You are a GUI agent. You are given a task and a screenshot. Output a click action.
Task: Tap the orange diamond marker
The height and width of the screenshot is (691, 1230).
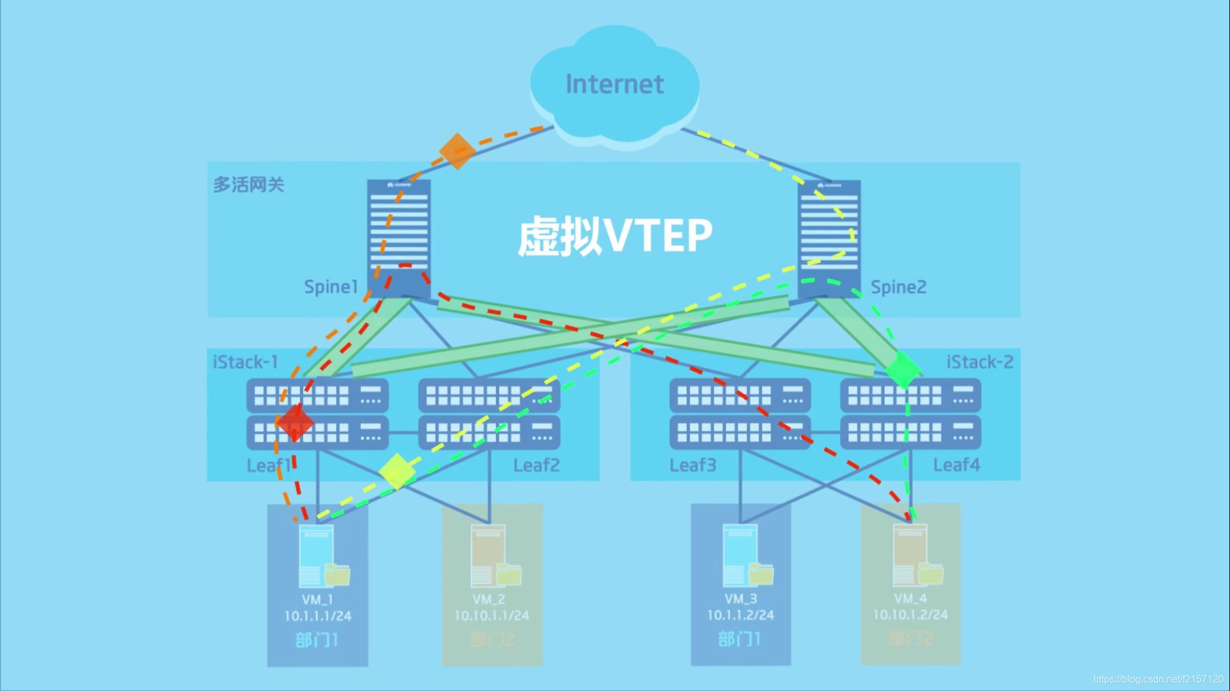pyautogui.click(x=457, y=150)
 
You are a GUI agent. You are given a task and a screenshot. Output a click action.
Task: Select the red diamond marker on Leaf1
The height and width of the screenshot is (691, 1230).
pyautogui.click(x=295, y=423)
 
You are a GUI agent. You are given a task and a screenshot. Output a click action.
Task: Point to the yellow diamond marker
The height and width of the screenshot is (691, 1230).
pyautogui.click(x=397, y=471)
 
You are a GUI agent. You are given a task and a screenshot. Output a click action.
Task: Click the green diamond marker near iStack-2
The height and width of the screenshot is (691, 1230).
pyautogui.click(x=902, y=369)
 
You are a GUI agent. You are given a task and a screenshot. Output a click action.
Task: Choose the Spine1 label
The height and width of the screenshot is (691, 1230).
pyautogui.click(x=331, y=287)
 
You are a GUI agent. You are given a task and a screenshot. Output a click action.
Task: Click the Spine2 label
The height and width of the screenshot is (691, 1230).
pyautogui.click(x=898, y=287)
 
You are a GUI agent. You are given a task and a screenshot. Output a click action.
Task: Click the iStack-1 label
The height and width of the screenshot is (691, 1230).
pyautogui.click(x=245, y=362)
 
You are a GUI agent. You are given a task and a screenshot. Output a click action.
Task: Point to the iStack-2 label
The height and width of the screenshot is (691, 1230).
pyautogui.click(x=979, y=362)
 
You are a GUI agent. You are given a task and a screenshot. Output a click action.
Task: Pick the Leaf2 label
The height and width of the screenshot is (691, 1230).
pyautogui.click(x=536, y=465)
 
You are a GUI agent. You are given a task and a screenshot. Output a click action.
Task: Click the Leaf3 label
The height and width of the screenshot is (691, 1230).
pyautogui.click(x=693, y=465)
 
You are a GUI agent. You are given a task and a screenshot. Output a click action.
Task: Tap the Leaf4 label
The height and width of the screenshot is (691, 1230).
pyautogui.click(x=956, y=465)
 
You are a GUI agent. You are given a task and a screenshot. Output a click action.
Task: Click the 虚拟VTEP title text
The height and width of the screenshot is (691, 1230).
pyautogui.click(x=615, y=236)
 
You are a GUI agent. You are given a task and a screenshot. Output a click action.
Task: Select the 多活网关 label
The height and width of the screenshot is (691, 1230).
pyautogui.click(x=248, y=184)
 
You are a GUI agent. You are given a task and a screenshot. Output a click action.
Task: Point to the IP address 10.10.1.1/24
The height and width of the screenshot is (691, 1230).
pyautogui.click(x=491, y=615)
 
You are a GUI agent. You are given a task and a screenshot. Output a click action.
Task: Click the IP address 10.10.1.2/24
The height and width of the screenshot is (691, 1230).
pyautogui.click(x=910, y=614)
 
